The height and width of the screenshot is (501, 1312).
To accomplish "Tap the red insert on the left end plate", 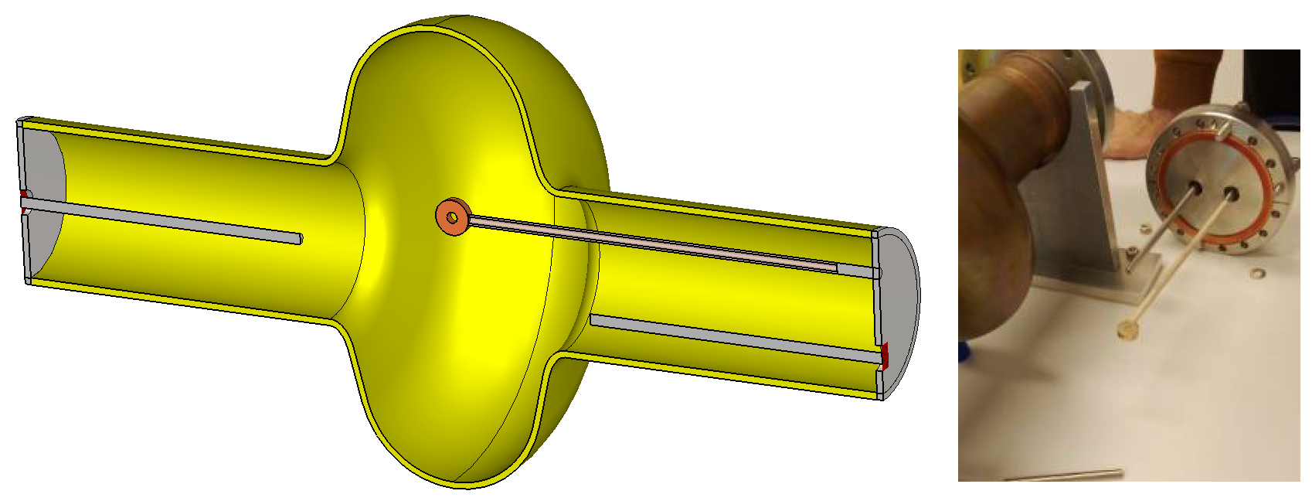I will tap(23, 193).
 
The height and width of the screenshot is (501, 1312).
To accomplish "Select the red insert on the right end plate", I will tap(885, 356).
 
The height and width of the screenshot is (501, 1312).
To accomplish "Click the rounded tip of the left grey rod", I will tap(299, 238).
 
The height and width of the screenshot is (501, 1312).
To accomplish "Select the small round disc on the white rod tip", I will tap(1127, 331).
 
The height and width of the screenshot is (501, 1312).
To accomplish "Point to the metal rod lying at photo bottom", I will tap(1066, 474).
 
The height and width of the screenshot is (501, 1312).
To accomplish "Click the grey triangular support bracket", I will tap(1089, 193).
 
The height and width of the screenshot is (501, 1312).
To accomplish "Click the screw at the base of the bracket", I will tap(1130, 251).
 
